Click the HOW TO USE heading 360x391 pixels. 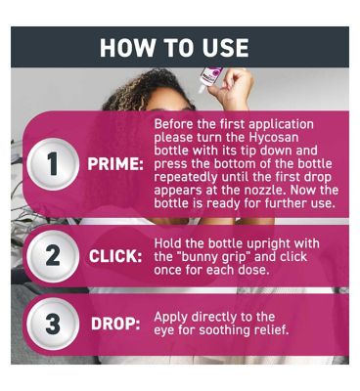click(174, 48)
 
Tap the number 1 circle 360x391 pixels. click(52, 164)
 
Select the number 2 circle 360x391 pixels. click(52, 256)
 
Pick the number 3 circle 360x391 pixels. click(52, 324)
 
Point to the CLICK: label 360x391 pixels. click(115, 257)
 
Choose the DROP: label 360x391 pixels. click(115, 325)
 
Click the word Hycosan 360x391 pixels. click(274, 138)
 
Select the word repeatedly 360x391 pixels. click(186, 178)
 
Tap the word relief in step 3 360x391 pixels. click(271, 330)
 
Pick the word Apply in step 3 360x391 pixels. click(171, 318)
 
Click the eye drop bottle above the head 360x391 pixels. click(208, 78)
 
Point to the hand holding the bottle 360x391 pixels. click(231, 86)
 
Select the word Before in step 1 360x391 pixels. click(174, 124)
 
